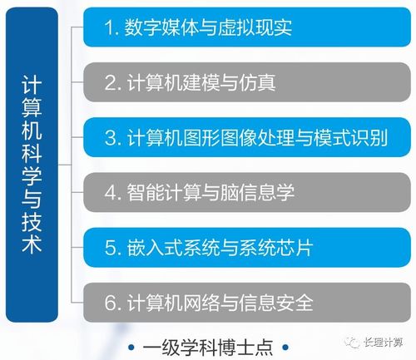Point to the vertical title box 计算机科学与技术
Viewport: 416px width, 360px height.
click(x=37, y=166)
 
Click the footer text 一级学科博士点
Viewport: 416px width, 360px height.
click(x=207, y=345)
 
